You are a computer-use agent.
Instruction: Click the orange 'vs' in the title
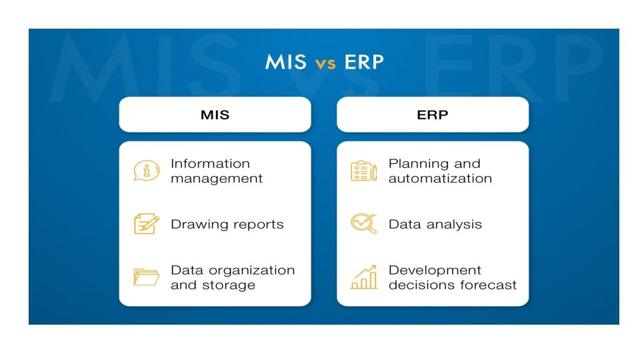[326, 63]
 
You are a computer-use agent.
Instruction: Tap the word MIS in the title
[286, 62]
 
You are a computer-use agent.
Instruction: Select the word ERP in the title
[364, 62]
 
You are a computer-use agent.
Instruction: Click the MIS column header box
[215, 115]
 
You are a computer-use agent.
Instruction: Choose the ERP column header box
[433, 115]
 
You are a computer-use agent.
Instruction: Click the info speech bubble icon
[146, 171]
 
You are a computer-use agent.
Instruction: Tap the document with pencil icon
[146, 224]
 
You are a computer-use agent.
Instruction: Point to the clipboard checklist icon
[363, 171]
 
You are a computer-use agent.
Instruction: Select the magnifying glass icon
[363, 224]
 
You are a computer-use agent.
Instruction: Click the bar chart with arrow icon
[363, 277]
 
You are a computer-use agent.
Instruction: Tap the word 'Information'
[210, 163]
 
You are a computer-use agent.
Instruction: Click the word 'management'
[217, 179]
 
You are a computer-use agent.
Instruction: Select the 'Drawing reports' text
[227, 225]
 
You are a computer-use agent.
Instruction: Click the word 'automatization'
[440, 179]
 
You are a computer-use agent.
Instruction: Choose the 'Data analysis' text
[435, 225]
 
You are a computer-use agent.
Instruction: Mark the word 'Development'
[435, 270]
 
